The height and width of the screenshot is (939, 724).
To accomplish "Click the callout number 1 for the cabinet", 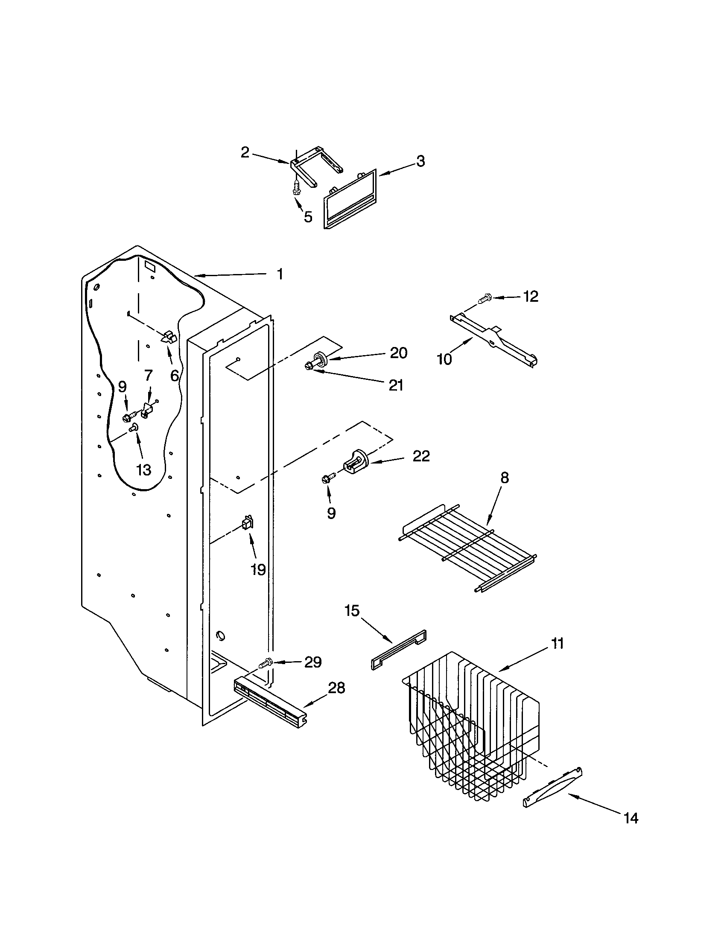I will [280, 274].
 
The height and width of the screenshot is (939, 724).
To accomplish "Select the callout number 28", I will [337, 688].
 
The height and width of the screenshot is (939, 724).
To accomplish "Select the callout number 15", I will [352, 611].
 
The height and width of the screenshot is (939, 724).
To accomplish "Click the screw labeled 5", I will [296, 187].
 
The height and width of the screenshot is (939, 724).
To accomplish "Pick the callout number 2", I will [245, 152].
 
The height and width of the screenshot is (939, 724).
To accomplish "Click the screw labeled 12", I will [485, 297].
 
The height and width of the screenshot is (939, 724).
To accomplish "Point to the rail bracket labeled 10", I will [493, 340].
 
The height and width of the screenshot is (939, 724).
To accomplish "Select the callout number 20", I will [398, 353].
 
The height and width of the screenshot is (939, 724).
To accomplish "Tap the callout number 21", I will [396, 386].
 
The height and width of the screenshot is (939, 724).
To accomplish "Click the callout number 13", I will [143, 469].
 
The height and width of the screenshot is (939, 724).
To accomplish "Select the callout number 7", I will [148, 376].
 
